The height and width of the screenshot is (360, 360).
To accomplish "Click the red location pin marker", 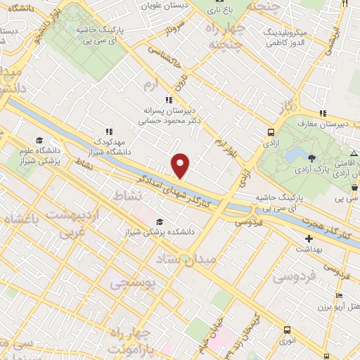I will pyautogui.click(x=181, y=165).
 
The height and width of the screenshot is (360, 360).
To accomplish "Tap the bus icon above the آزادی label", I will pyautogui.click(x=271, y=132).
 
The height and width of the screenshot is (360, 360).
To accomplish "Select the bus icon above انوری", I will pyautogui.click(x=287, y=330).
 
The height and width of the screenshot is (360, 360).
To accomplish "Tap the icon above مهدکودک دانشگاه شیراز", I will pyautogui.click(x=108, y=131).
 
